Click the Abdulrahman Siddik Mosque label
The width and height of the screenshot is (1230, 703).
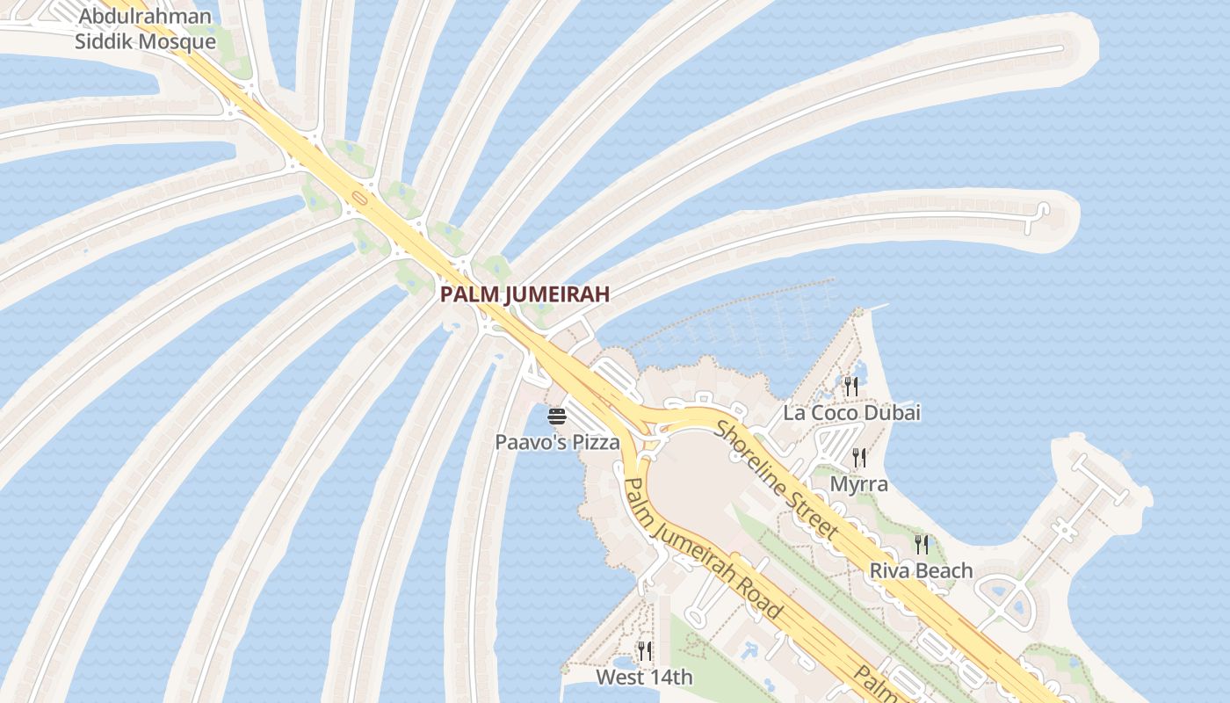click(x=145, y=29)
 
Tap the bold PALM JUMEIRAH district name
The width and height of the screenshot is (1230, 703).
click(x=525, y=294)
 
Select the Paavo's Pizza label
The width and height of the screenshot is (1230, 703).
click(x=557, y=442)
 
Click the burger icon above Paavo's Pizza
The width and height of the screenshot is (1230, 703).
click(x=556, y=416)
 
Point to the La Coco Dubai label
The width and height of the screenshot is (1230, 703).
click(x=851, y=412)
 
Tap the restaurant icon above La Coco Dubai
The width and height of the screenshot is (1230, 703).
click(x=850, y=386)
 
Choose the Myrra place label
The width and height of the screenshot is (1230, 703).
click(x=859, y=484)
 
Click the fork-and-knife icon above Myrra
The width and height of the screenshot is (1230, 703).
click(x=859, y=457)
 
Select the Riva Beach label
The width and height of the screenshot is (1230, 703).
click(x=921, y=571)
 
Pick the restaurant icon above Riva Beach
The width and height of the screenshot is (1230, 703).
click(x=921, y=545)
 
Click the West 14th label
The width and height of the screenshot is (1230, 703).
click(x=644, y=678)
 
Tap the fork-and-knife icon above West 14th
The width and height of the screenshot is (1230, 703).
click(x=644, y=651)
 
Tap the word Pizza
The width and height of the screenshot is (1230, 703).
click(x=596, y=442)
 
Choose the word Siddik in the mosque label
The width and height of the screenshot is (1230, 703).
click(x=105, y=41)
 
